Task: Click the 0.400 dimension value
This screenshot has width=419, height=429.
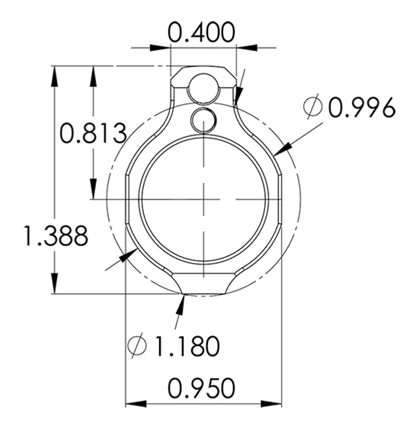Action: [x=201, y=32]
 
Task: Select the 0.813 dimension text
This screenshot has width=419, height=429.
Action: [x=93, y=133]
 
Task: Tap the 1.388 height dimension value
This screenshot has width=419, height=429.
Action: [x=56, y=235]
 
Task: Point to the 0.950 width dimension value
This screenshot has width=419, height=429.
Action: [x=201, y=388]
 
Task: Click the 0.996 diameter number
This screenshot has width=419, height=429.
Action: [x=362, y=107]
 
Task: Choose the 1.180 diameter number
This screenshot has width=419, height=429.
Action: [x=187, y=346]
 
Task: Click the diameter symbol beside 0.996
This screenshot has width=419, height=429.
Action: [x=312, y=107]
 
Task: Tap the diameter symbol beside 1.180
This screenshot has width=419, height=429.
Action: [x=137, y=345]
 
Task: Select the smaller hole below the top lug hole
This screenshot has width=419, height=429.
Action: [x=203, y=120]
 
